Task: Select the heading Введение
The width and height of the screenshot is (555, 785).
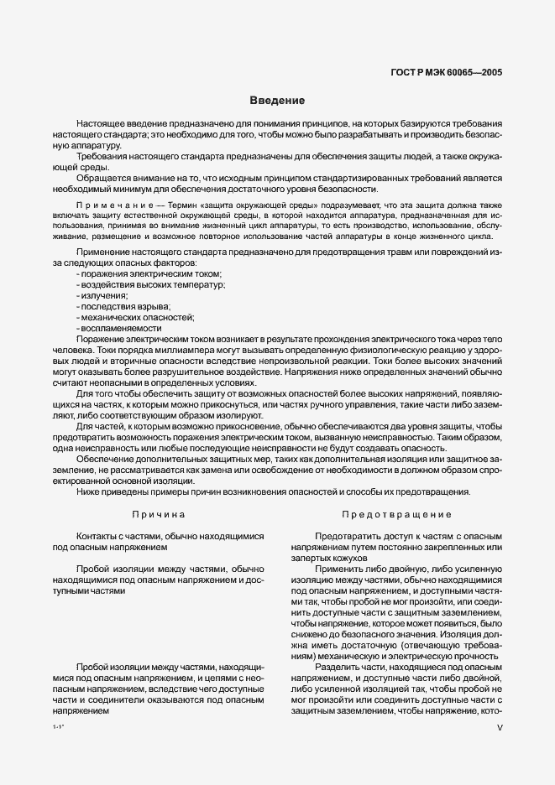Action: coord(277,101)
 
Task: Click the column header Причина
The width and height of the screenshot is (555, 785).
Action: coord(159,513)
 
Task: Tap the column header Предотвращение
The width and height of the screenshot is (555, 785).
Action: coord(396,513)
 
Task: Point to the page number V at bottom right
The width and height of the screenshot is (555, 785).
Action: coord(499,730)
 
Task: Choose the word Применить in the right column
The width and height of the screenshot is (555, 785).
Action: coord(338,569)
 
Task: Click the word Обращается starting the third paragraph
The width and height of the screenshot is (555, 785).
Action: coord(102,178)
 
